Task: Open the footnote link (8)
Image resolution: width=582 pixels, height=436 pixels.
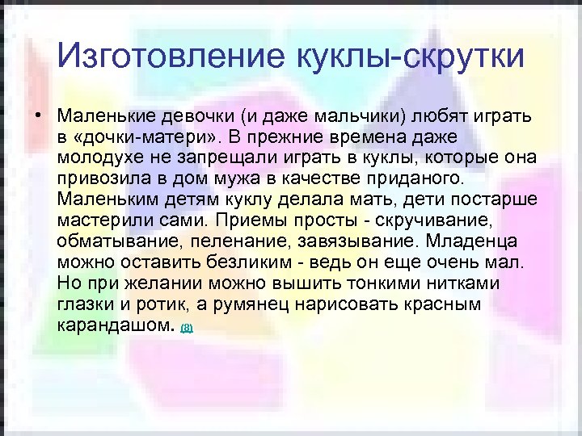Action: pos(187,328)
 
